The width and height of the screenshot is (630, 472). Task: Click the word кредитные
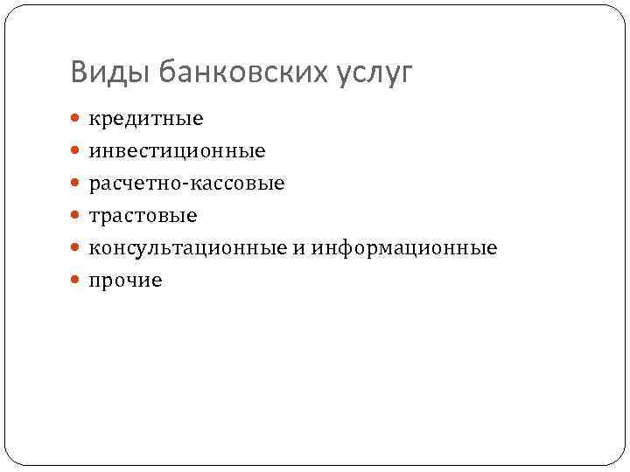(x=145, y=119)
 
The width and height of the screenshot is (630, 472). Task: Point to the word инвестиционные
(x=177, y=151)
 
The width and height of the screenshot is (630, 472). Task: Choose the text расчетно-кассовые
(x=186, y=184)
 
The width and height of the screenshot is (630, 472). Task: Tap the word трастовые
(x=143, y=216)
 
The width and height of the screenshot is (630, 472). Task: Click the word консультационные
(x=187, y=248)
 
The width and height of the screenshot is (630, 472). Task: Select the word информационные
(x=403, y=248)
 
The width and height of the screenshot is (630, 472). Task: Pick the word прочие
(x=125, y=281)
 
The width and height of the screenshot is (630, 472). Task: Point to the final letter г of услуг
(x=403, y=76)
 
